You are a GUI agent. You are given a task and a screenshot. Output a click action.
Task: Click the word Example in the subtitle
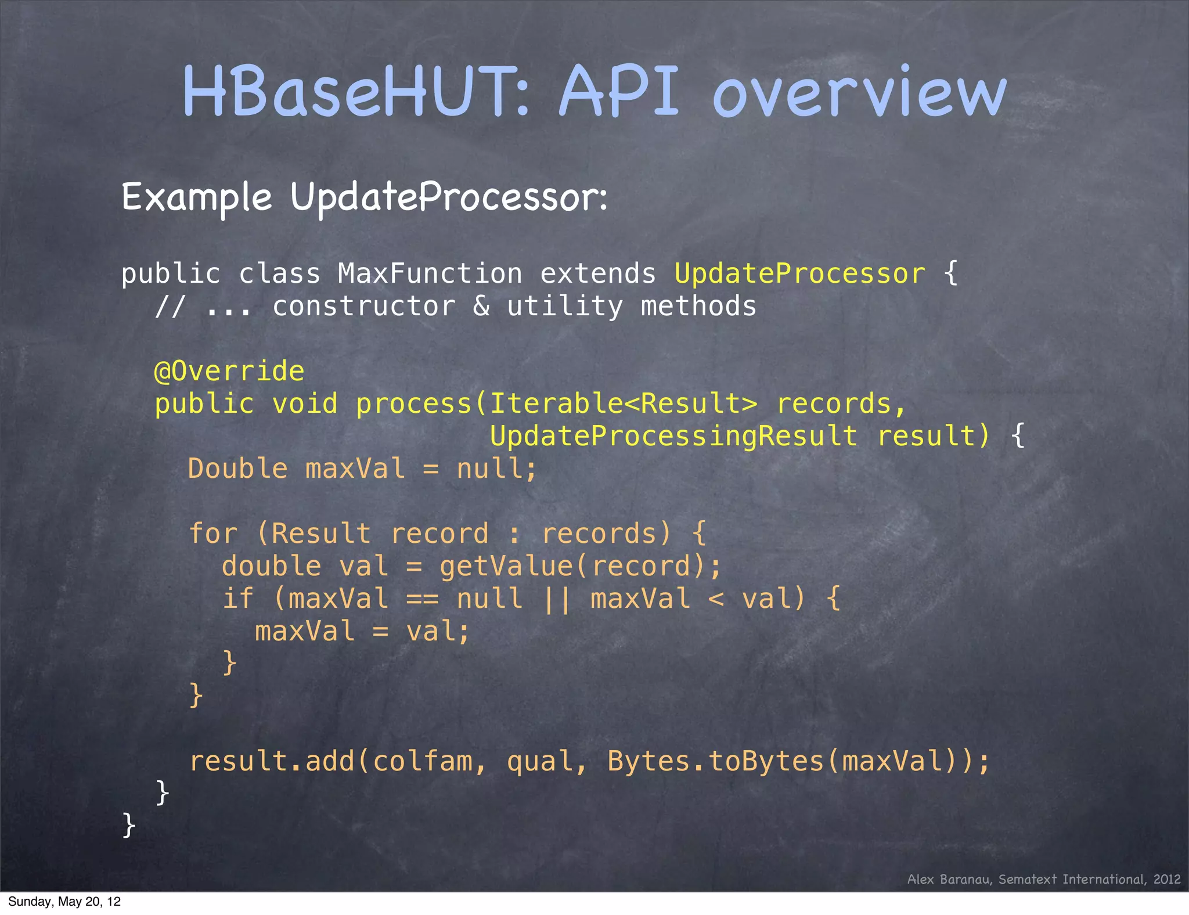pos(197,197)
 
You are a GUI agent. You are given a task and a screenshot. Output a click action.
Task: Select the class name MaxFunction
pos(430,273)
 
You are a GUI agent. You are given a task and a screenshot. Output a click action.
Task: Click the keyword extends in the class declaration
pos(598,273)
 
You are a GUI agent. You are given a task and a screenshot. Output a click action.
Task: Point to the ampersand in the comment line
pos(481,306)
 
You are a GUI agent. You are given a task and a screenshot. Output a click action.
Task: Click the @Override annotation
pos(229,371)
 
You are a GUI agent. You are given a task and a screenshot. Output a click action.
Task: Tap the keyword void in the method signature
pos(305,404)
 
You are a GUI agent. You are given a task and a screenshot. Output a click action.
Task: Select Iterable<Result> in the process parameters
pos(624,404)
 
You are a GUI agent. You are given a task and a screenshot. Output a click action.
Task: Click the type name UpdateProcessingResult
pos(673,436)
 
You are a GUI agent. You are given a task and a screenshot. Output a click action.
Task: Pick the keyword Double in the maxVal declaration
pos(237,469)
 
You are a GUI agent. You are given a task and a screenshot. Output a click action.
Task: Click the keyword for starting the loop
pos(213,534)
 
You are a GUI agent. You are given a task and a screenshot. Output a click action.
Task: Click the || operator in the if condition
pos(556,599)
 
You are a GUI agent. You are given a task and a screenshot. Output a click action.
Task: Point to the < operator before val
pos(716,599)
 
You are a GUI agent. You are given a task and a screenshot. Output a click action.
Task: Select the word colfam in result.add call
pos(423,761)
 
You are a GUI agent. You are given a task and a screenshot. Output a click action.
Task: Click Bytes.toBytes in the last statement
pos(715,761)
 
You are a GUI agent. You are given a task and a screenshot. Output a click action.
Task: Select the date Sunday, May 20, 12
pos(64,902)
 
